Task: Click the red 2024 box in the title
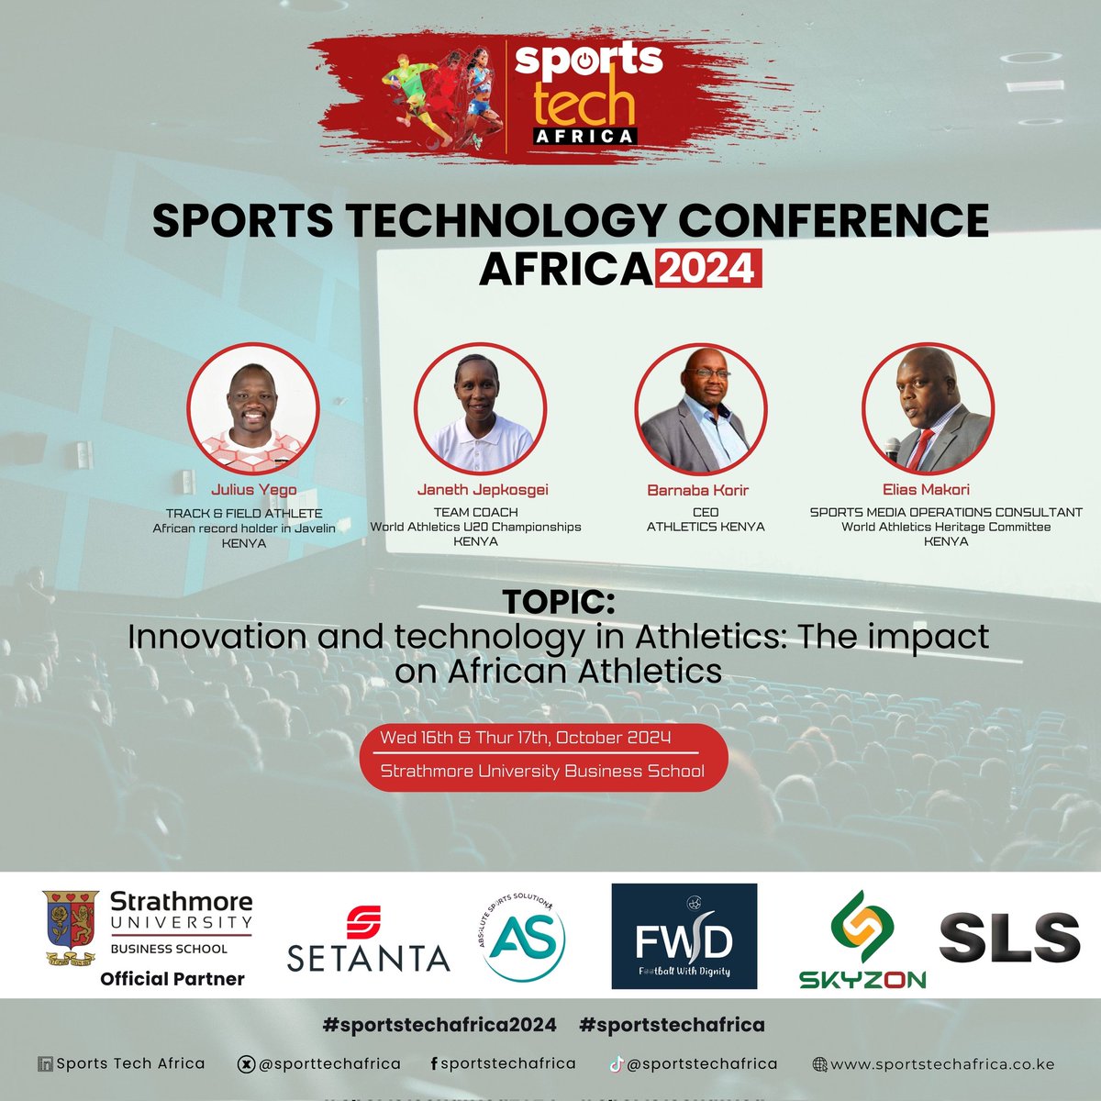[707, 269]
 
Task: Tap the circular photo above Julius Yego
[253, 407]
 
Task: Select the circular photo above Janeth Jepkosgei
[480, 409]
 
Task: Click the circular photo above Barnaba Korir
[702, 409]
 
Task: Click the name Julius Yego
[253, 490]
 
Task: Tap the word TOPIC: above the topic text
[558, 602]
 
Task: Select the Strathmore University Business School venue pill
[543, 772]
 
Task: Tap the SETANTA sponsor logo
[368, 940]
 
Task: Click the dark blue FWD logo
[684, 936]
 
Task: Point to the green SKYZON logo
[862, 940]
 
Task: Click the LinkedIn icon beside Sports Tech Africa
[45, 1065]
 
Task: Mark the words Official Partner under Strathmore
[172, 979]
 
